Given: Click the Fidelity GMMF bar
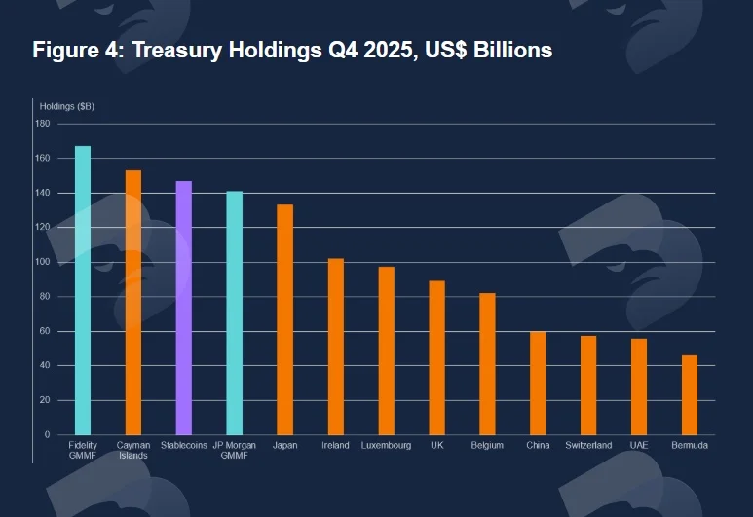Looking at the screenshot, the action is point(83,290).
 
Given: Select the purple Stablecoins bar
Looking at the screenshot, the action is point(184,308).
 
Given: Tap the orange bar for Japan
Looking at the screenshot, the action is point(285,319).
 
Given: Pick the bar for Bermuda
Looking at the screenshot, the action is point(690,395).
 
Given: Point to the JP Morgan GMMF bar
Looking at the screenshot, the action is point(235,313).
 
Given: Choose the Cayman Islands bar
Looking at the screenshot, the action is point(133,303).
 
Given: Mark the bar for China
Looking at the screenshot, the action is point(538,383).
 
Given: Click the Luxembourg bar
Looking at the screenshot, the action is point(386,351).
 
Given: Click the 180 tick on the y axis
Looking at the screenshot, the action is point(42,124).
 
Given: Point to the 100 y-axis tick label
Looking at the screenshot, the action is point(42,262).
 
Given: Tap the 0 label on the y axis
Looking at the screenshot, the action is point(47,434).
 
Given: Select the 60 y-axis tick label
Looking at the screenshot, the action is point(44,331).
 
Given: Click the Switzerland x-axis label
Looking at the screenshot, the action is point(588,445).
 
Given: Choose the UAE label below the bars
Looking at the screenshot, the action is point(639,445).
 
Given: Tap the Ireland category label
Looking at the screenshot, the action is point(335,445).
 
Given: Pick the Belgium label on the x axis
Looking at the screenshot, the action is point(487,445).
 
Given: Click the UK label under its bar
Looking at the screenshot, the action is point(437,445).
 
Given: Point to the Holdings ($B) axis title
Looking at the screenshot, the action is point(67,106).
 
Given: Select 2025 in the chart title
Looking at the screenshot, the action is point(387,50).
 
